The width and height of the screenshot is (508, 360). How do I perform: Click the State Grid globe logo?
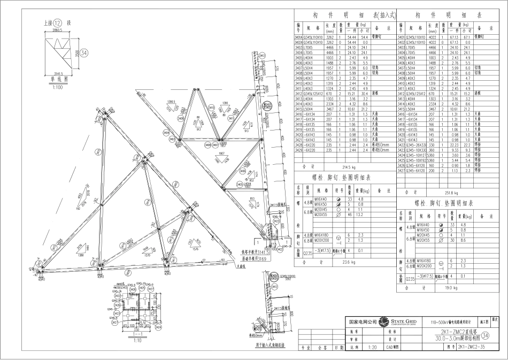pyautogui.click(x=383, y=322)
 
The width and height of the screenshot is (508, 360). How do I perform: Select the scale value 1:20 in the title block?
pyautogui.click(x=370, y=347)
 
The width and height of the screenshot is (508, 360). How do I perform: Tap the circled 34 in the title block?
pyautogui.click(x=485, y=335)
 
